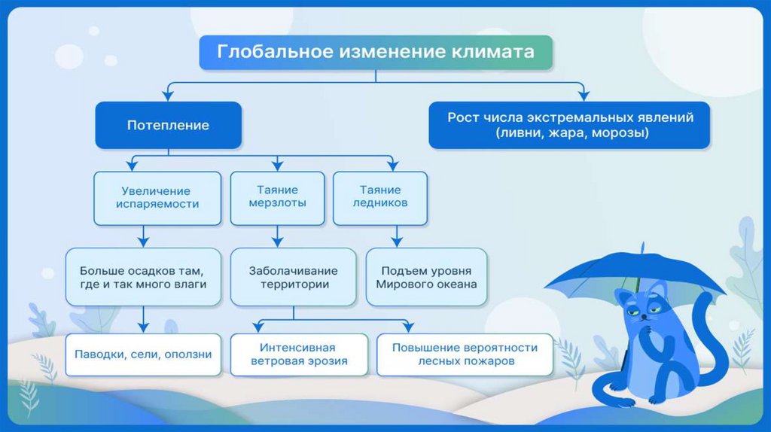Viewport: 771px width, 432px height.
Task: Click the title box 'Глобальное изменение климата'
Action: tap(376, 53)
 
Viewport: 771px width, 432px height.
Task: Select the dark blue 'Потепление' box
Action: tap(168, 125)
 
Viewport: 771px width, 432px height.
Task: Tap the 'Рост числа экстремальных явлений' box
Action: tap(569, 125)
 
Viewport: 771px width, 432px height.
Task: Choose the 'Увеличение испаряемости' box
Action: tap(157, 198)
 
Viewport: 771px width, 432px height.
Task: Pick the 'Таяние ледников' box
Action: tap(379, 198)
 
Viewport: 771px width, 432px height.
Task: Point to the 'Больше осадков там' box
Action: tap(142, 277)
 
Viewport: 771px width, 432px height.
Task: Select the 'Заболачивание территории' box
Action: tap(294, 277)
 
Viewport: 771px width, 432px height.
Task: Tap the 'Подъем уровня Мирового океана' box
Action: tap(426, 277)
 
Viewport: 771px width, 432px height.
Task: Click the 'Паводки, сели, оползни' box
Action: tap(143, 354)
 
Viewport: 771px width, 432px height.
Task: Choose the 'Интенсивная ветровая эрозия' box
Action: tap(298, 354)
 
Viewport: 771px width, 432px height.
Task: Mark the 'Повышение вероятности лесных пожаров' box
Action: tap(465, 354)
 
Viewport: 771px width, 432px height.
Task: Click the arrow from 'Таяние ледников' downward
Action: tap(395, 237)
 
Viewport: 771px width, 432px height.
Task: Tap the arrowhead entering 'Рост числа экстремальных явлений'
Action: tap(583, 94)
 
